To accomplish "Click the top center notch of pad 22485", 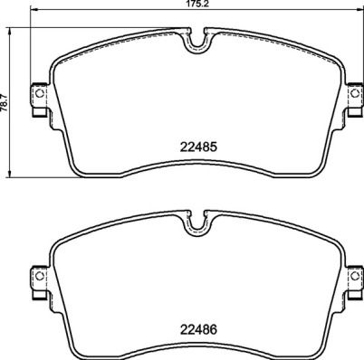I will (197, 43).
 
